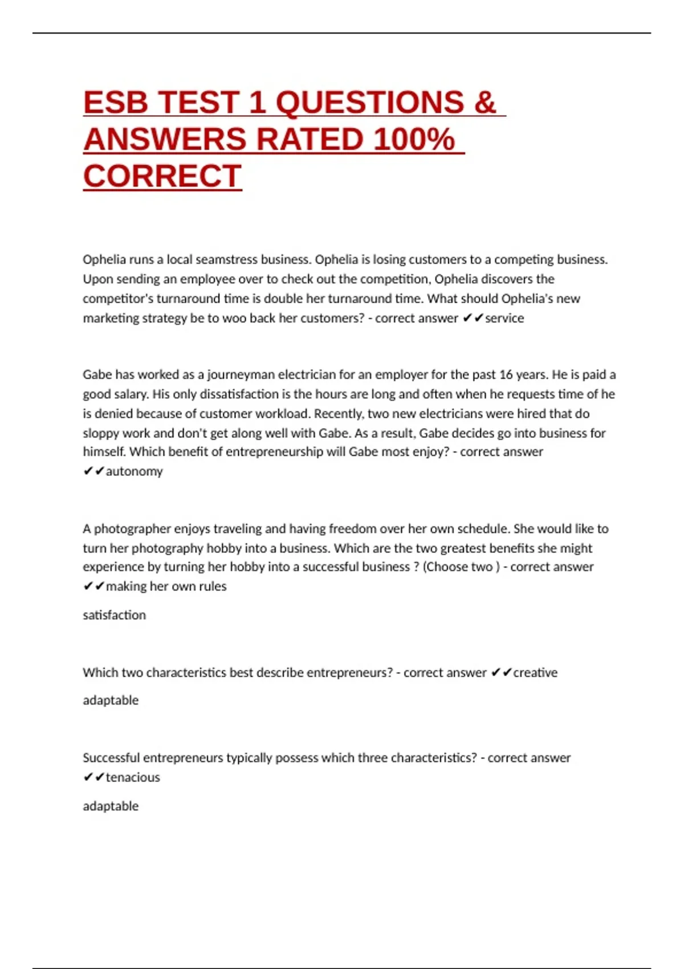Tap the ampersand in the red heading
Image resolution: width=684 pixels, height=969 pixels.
point(484,103)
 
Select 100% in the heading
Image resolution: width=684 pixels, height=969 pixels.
point(414,140)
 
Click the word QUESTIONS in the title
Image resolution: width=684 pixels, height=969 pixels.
point(370,103)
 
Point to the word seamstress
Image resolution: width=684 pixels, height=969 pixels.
point(226,260)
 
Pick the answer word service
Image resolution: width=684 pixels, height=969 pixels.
point(504,318)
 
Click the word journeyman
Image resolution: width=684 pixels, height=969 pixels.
point(241,375)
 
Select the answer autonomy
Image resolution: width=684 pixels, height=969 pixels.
point(134,471)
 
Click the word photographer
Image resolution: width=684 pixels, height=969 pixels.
point(132,529)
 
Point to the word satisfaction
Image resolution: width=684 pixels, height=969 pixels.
point(114,615)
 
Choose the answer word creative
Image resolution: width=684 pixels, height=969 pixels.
point(535,673)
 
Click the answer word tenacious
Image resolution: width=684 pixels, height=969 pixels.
point(133,777)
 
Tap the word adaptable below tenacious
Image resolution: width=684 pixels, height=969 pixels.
point(111,807)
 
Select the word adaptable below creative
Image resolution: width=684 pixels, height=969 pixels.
point(111,701)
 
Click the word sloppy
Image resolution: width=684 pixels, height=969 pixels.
point(100,433)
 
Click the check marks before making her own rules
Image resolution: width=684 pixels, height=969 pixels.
point(93,587)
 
